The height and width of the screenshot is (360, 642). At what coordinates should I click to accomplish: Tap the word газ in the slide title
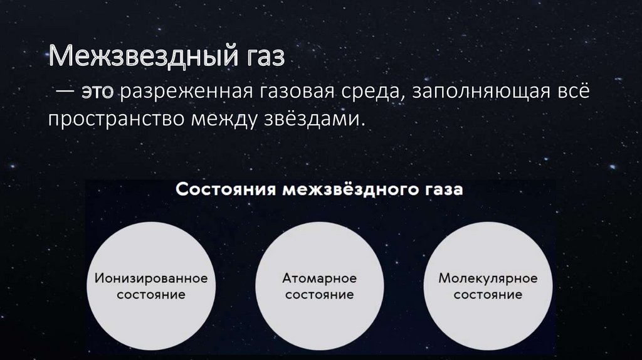coord(263,61)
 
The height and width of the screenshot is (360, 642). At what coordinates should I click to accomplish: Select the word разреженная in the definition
coord(184,93)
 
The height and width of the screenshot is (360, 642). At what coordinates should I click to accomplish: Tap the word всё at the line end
coord(571,93)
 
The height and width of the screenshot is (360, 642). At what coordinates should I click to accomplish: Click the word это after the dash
coord(99,93)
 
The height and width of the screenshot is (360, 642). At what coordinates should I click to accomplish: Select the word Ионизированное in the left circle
coord(150,278)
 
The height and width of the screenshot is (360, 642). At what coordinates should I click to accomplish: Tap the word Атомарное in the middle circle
coord(320,278)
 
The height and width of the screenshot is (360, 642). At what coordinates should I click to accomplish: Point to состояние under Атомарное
coord(320,294)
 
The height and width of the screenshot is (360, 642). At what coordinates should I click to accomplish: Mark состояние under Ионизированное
coord(150,294)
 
